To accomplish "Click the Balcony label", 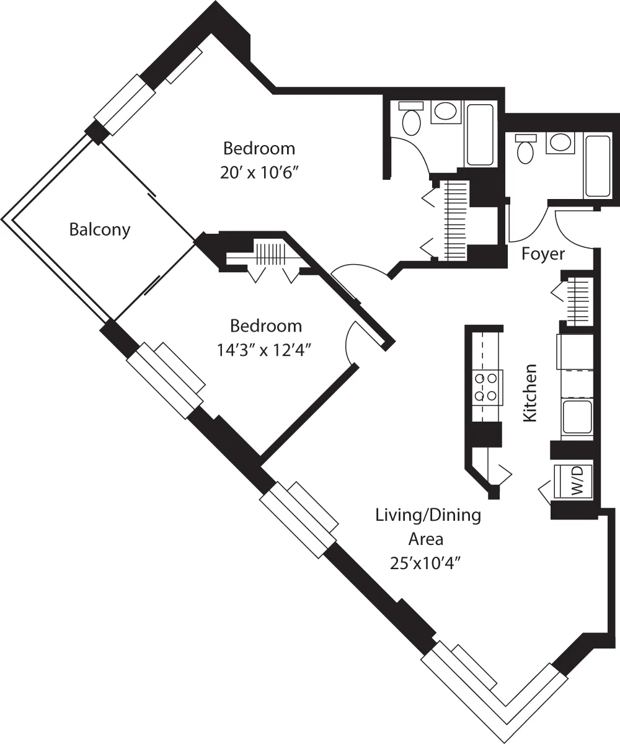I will coord(100,230).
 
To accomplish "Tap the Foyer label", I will coord(543,254).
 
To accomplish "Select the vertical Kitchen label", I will coord(529,394).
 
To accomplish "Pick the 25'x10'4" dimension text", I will coord(425,564).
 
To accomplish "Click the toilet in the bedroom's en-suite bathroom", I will coord(411,120).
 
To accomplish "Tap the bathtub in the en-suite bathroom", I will coord(480,135).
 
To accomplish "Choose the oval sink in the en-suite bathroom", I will coord(444,112).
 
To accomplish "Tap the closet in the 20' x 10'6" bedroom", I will coord(456,219).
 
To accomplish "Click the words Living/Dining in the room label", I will coord(428,515).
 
